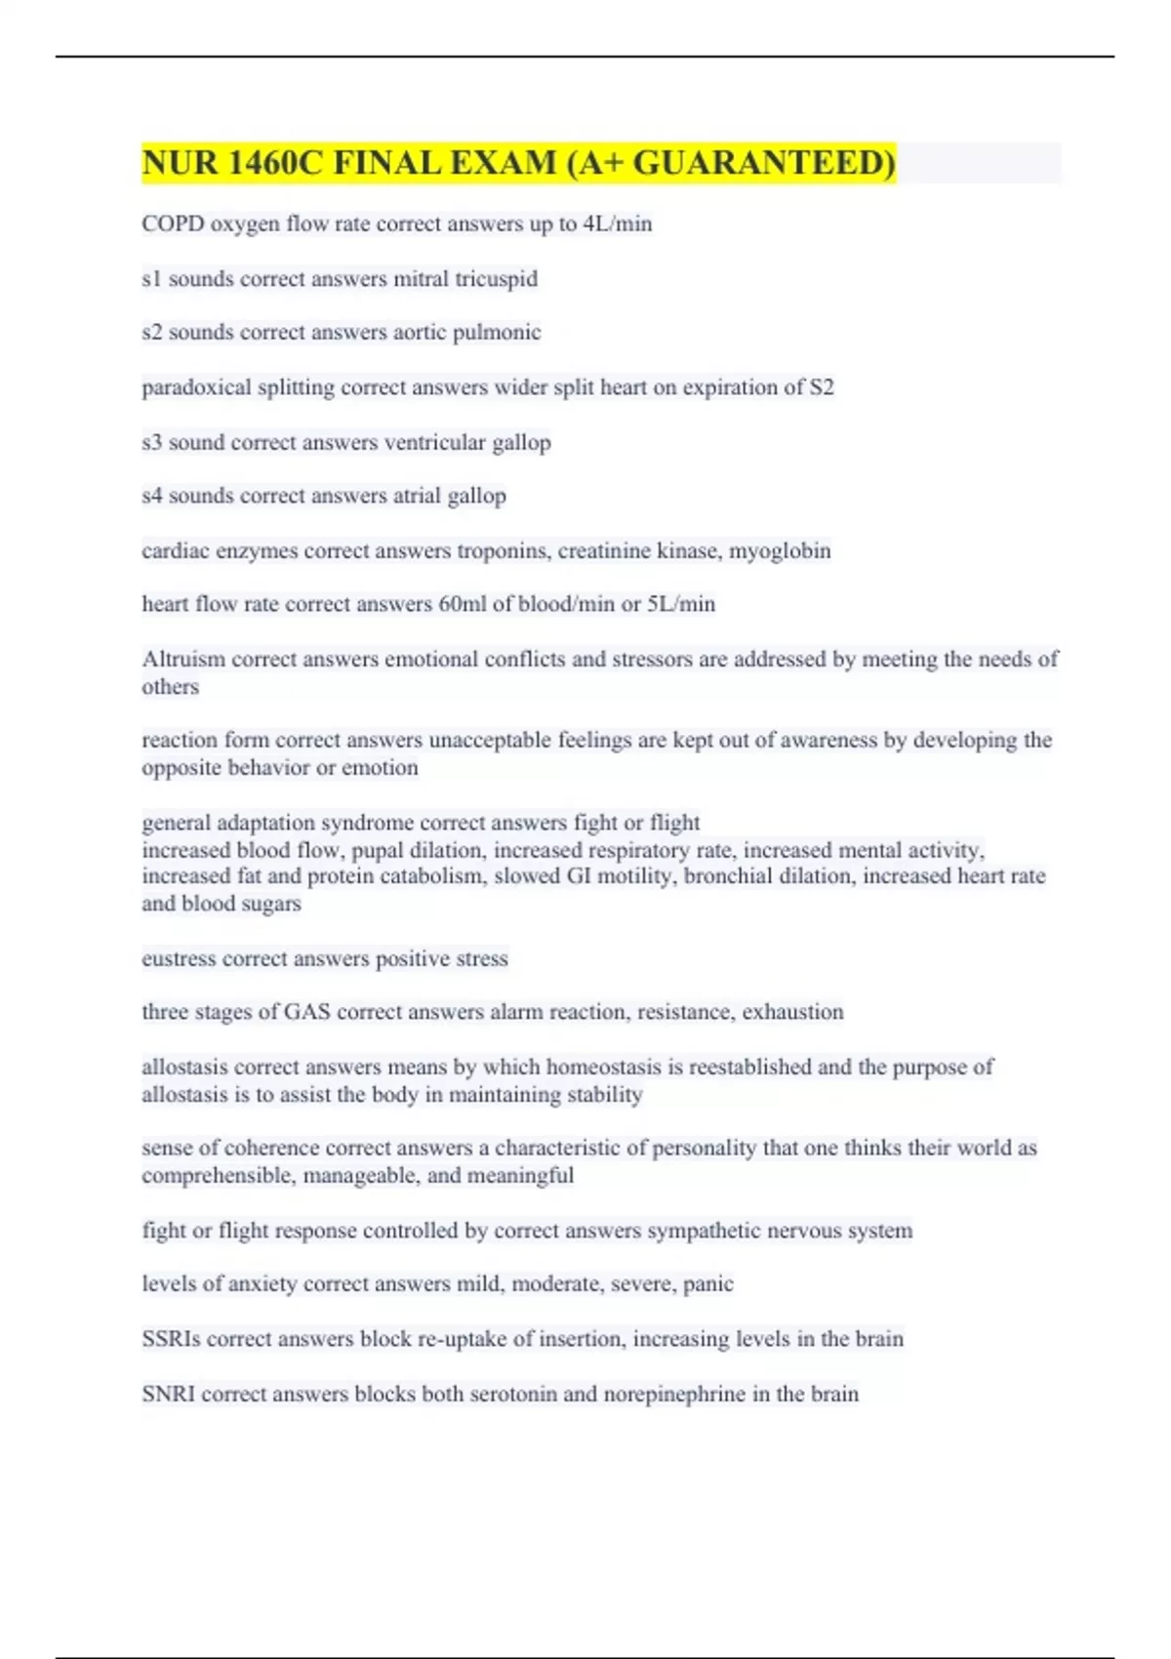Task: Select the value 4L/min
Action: [x=617, y=223]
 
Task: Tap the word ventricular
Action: [x=435, y=442]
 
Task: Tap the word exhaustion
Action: [x=792, y=1012]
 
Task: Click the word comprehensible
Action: [x=218, y=1176]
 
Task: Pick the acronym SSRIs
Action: [x=171, y=1339]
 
